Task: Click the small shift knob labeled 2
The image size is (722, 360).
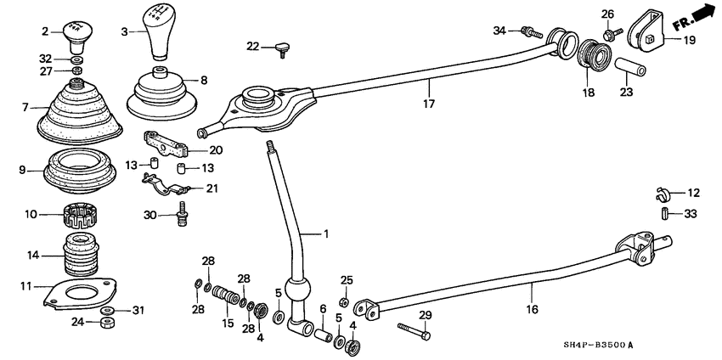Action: coord(77,37)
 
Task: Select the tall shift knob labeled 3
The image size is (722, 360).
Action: coord(159,34)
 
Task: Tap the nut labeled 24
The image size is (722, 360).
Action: coord(107,323)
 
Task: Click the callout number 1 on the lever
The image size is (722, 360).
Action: coord(323,233)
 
